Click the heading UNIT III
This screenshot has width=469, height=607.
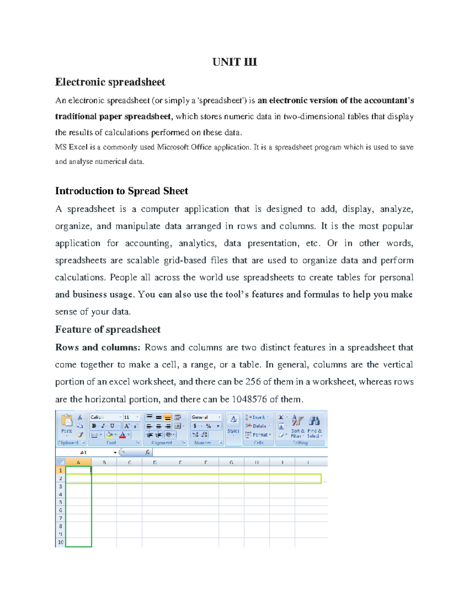point(234,62)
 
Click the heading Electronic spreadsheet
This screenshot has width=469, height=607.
point(110,82)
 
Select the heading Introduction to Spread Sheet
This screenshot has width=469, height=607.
point(122,191)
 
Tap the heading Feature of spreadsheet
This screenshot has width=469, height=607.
point(107,329)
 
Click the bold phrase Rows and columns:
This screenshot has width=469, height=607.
point(97,347)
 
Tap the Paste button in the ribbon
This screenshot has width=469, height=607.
point(67,424)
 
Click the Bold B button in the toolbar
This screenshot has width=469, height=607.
point(94,426)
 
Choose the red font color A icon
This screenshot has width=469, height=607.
point(123,435)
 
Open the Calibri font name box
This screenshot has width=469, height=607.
point(105,417)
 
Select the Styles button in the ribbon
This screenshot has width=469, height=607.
point(233,424)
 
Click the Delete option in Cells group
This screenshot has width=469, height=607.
point(258,426)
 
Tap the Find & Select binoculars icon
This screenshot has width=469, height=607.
point(314,421)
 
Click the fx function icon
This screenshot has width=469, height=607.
point(147,452)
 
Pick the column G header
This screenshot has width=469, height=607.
point(231,462)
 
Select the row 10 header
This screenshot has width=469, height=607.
point(61,542)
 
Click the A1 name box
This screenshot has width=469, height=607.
point(84,452)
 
